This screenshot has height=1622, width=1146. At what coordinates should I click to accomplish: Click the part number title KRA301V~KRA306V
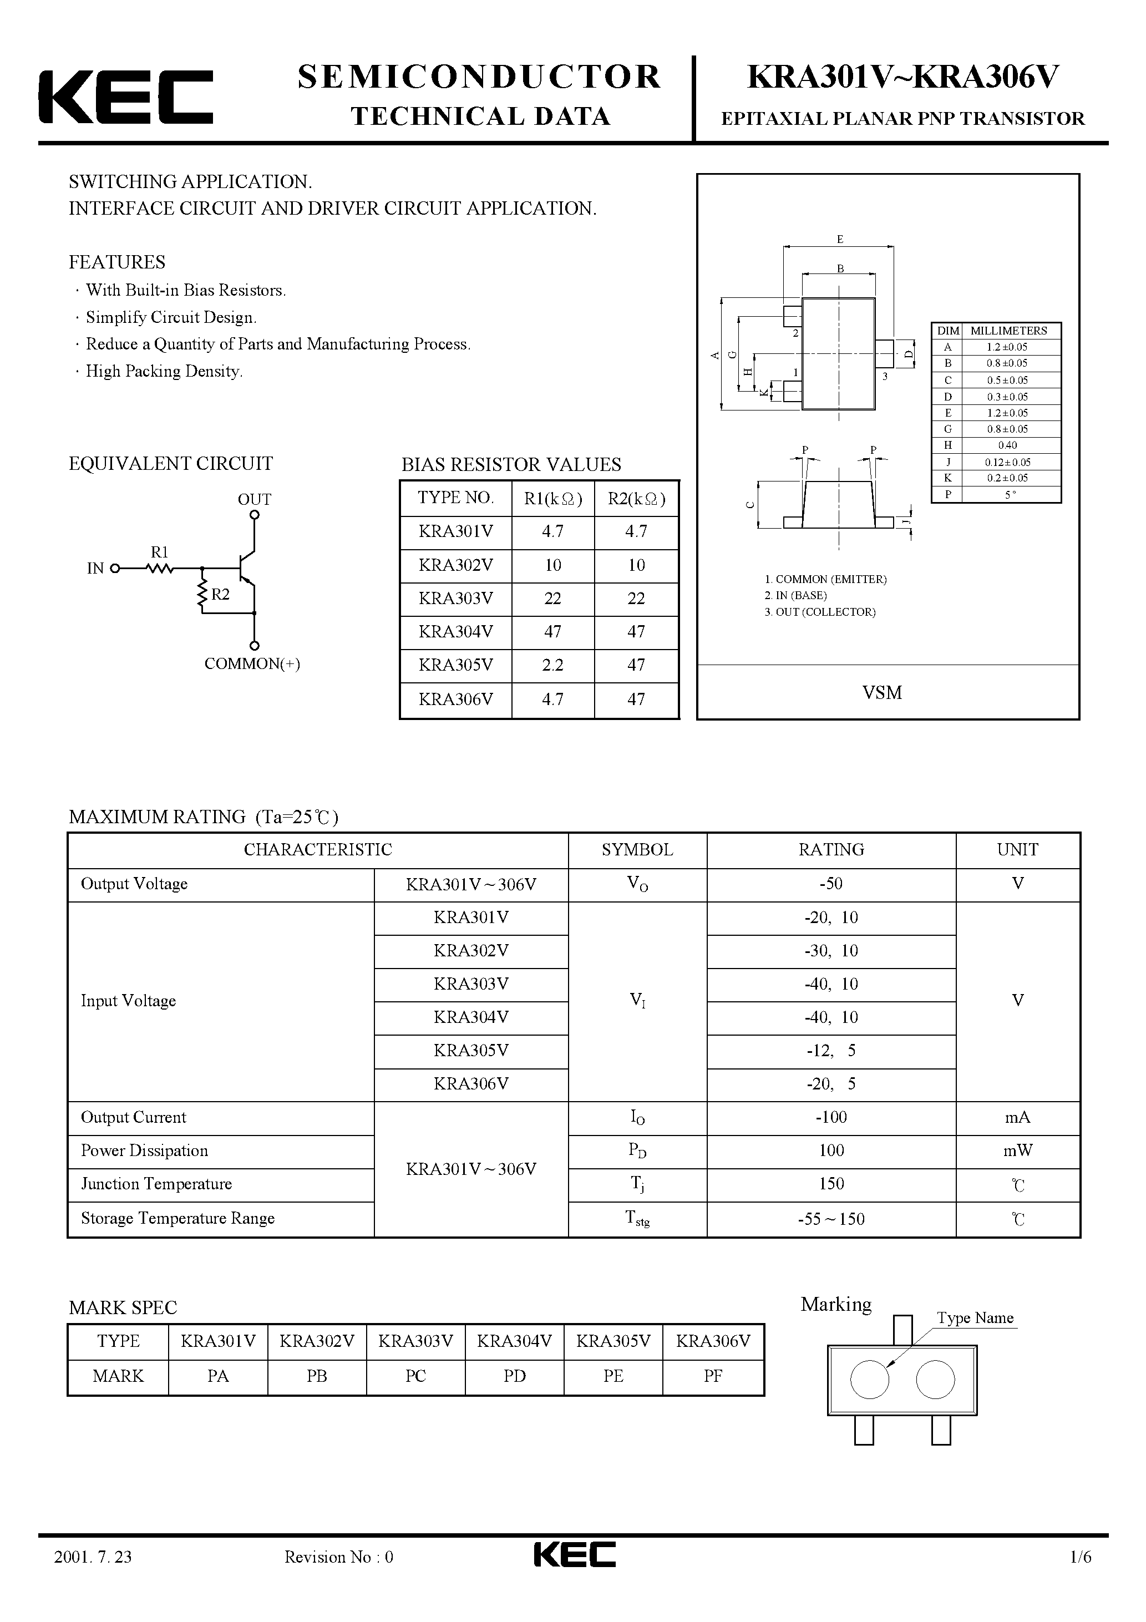point(903,77)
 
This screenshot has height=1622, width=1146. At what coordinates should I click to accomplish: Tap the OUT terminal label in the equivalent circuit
point(255,499)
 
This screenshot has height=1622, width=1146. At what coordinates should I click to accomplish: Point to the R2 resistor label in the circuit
point(220,594)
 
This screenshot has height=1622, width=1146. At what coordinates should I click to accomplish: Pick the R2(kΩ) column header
point(636,499)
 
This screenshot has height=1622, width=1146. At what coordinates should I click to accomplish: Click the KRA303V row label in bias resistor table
point(456,599)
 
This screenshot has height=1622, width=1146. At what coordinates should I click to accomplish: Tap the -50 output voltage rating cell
point(831,884)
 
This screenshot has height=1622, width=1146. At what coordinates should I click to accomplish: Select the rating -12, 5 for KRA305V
point(831,1051)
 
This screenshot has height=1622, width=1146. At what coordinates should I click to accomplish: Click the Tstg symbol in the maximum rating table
point(637,1219)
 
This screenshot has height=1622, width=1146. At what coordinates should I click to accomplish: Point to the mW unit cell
point(1017,1151)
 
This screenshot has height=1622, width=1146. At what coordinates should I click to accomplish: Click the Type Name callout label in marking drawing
point(975,1318)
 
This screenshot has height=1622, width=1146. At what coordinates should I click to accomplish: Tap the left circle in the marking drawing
point(869,1380)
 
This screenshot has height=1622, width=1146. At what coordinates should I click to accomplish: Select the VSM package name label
point(882,693)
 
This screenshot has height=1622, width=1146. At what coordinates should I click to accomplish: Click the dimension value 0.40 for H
point(1007,445)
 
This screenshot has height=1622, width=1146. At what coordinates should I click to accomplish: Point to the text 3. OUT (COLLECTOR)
point(820,612)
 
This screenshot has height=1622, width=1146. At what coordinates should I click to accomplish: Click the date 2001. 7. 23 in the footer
point(93,1577)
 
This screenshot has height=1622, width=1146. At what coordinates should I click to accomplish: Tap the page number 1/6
point(1081,1577)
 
